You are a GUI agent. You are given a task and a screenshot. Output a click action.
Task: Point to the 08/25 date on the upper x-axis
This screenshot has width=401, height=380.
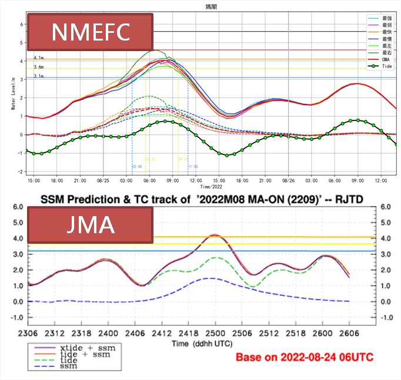(103, 181)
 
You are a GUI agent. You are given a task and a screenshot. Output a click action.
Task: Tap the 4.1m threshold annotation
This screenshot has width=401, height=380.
(38, 58)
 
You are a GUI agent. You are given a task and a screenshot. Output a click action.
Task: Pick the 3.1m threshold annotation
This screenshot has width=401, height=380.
(38, 76)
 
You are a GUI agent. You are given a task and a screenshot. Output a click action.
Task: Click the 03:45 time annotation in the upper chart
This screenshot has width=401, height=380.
(136, 167)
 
